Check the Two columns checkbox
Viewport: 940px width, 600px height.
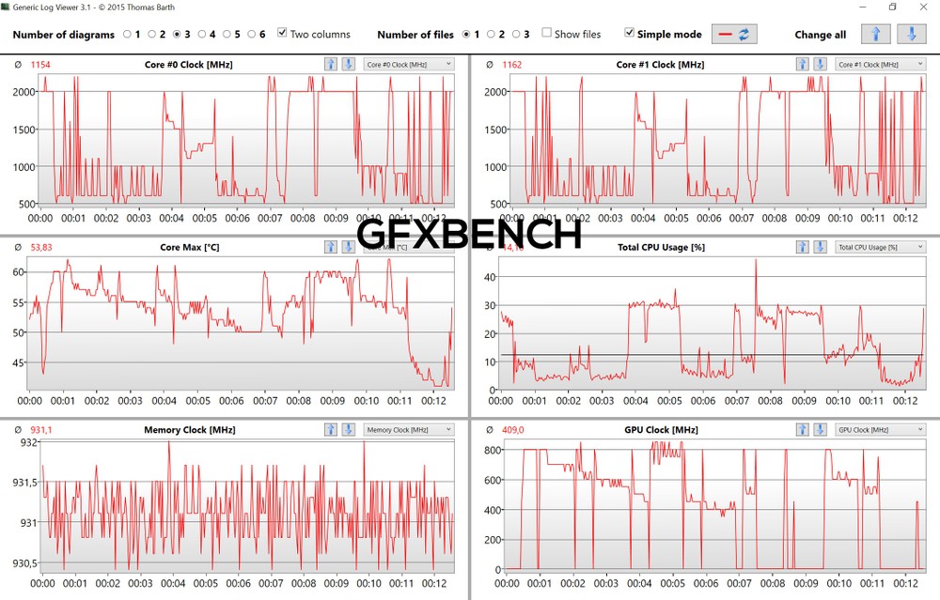[282, 34]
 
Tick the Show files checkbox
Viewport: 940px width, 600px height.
[546, 34]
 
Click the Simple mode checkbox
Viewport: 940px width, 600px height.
[629, 34]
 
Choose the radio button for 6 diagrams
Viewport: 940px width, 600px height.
[250, 35]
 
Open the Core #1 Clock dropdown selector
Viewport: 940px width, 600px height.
[879, 64]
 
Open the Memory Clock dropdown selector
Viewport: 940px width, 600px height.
[409, 430]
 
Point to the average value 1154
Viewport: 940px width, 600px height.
[39, 65]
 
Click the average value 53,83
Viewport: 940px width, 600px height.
[40, 247]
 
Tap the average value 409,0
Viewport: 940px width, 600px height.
[512, 430]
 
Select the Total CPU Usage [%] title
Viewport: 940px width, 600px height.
[661, 247]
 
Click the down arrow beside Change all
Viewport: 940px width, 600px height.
[910, 35]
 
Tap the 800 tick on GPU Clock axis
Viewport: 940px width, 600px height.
[491, 451]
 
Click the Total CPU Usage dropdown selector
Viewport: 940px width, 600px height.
[879, 247]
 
